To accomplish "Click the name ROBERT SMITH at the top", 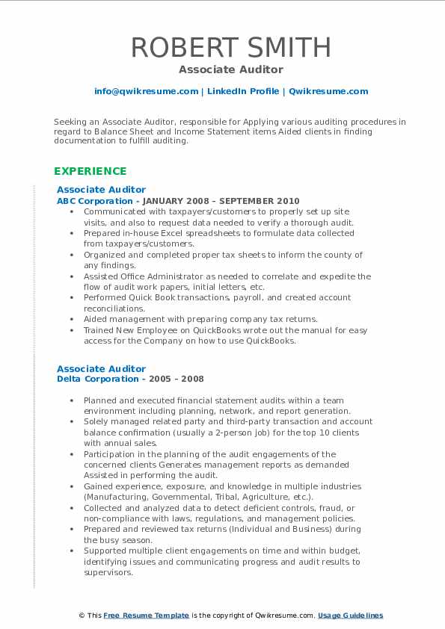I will pos(231,47).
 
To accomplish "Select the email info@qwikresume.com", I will pos(146,91).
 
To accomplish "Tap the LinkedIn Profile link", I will pos(243,91).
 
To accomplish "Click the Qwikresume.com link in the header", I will pos(328,91).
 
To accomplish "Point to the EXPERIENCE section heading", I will pos(90,171).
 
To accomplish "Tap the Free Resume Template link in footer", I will pos(146,615).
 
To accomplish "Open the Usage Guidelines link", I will pos(350,615).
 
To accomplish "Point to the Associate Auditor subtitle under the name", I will pos(231,69).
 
